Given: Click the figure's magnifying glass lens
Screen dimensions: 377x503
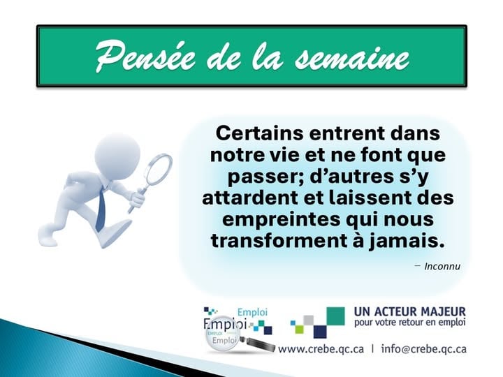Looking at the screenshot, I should tap(158, 170).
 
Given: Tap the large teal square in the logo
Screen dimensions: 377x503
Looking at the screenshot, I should tap(335, 316).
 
